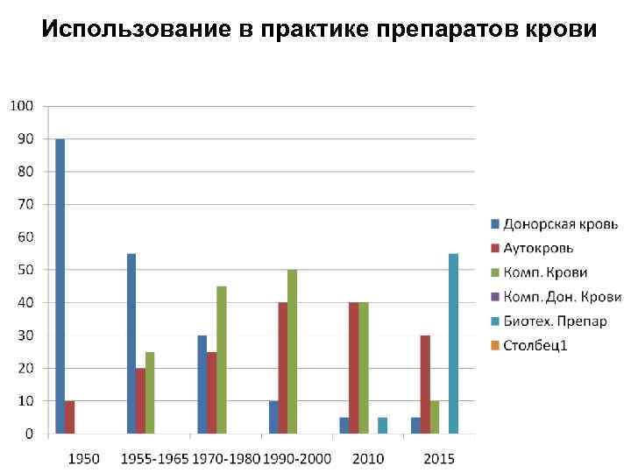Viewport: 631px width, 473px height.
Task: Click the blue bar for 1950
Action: (60, 286)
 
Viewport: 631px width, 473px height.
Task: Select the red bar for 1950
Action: (69, 417)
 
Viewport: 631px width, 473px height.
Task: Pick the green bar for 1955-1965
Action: (150, 392)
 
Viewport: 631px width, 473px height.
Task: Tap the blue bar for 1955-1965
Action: (131, 343)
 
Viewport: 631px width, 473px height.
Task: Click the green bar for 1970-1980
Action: (221, 359)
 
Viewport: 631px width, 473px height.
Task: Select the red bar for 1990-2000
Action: (283, 368)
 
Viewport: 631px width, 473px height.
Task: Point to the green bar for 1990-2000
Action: (292, 351)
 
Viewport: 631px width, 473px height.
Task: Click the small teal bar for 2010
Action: (382, 425)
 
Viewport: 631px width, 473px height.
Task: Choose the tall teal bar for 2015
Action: (453, 343)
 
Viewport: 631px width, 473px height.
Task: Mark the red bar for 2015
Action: (425, 384)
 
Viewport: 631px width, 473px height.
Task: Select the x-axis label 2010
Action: (368, 458)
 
